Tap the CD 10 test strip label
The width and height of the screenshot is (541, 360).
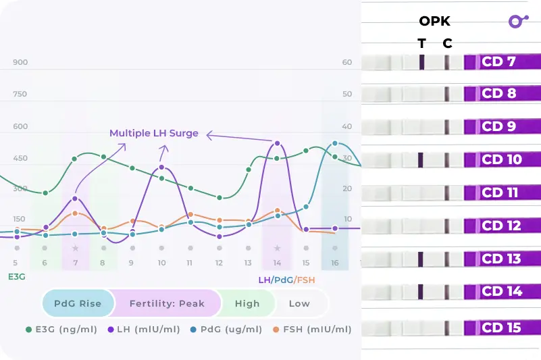pyautogui.click(x=501, y=160)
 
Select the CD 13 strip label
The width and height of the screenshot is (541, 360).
pyautogui.click(x=501, y=259)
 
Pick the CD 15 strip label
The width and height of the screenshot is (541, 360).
pyautogui.click(x=501, y=328)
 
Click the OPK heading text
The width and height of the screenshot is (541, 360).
pyautogui.click(x=434, y=21)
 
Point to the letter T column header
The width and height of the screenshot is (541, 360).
pyautogui.click(x=421, y=43)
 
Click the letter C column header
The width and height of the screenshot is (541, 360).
pyautogui.click(x=447, y=43)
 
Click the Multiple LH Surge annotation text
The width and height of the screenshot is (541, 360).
pyautogui.click(x=155, y=133)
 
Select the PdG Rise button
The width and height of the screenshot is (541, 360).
pyautogui.click(x=78, y=303)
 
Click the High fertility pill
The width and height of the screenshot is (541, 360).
pyautogui.click(x=247, y=303)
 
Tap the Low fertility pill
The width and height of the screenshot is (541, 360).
pyautogui.click(x=299, y=303)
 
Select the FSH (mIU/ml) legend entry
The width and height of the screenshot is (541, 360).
pyautogui.click(x=312, y=330)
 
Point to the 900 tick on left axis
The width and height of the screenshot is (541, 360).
pyautogui.click(x=20, y=62)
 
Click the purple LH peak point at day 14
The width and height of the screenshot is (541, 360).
pyautogui.click(x=277, y=143)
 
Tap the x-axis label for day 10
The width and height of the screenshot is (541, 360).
pyautogui.click(x=161, y=262)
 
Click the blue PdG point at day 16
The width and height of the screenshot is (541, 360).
pyautogui.click(x=335, y=143)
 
